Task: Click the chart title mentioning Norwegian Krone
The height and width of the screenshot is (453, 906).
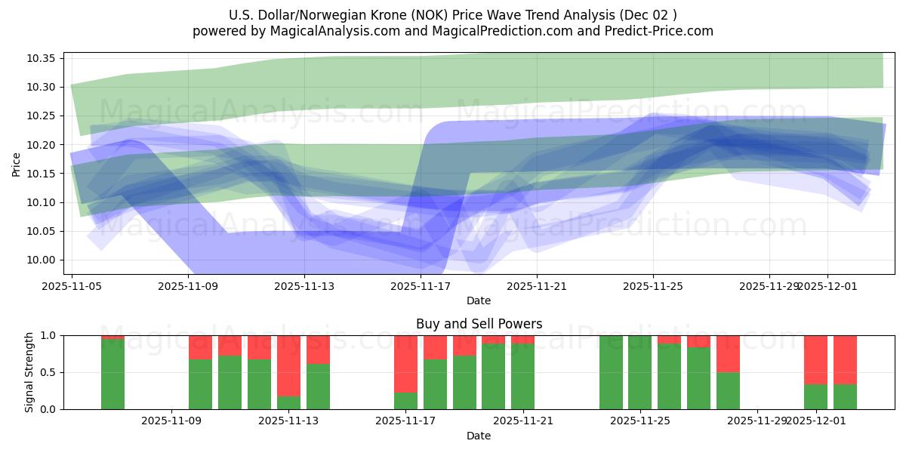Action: (x=452, y=15)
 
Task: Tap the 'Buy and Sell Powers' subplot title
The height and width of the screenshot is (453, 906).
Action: (x=479, y=324)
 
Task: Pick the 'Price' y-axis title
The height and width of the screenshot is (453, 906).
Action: (x=17, y=164)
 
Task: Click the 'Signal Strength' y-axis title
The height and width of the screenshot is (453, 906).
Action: (x=29, y=372)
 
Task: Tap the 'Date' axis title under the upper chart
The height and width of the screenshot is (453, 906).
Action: (x=479, y=300)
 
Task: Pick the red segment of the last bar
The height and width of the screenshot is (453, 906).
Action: (x=845, y=359)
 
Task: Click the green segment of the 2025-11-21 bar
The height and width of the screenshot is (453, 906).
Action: (x=522, y=377)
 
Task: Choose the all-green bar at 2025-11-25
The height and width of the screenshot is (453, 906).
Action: (x=639, y=372)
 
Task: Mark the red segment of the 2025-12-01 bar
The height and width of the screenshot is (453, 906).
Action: (x=815, y=359)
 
